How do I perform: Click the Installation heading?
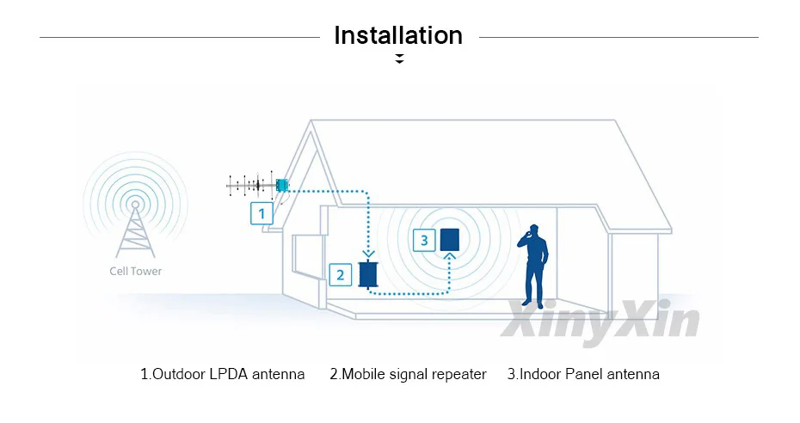coord(398,35)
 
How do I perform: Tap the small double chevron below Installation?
coord(399,59)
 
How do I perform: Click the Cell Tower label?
coord(135,271)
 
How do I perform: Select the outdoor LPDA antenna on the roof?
coord(257,184)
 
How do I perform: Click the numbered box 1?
coord(262,212)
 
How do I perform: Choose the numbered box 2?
coord(341,275)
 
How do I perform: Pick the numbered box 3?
coord(423,241)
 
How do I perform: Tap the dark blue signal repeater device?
coord(370,274)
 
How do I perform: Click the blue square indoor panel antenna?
coord(450,239)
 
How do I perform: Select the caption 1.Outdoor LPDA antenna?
coord(222,374)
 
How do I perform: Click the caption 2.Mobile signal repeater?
coord(408,374)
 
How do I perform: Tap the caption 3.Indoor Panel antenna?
coord(583,374)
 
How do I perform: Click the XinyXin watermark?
coord(600,318)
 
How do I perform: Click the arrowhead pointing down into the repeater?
coord(370,253)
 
